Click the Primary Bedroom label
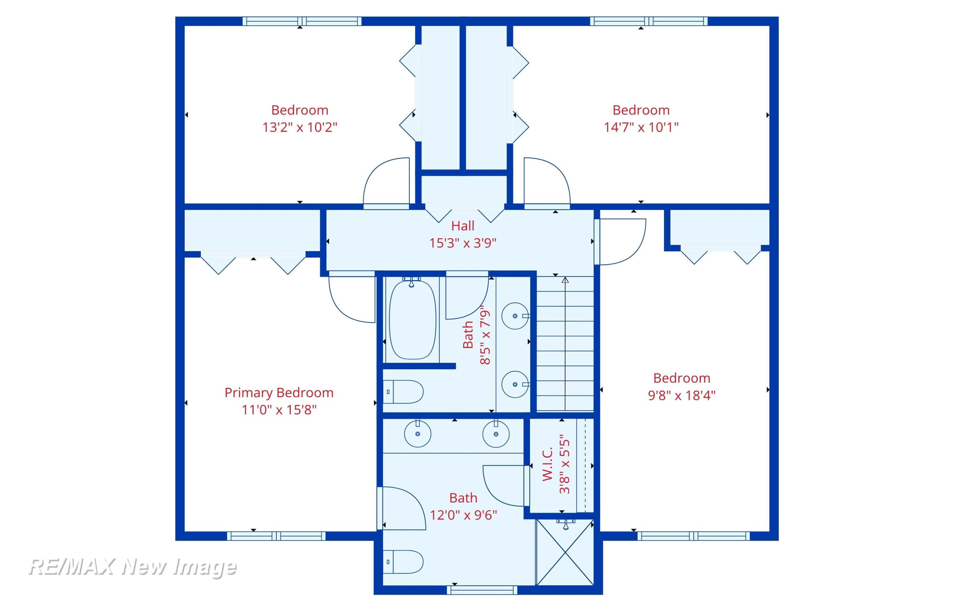(x=279, y=393)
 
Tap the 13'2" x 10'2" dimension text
(x=300, y=127)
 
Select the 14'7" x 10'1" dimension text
(x=641, y=127)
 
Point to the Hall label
(x=462, y=226)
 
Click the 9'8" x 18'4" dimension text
(x=681, y=395)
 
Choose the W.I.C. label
(x=547, y=464)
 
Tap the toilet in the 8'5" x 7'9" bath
(x=403, y=392)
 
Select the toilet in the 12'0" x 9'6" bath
(x=403, y=562)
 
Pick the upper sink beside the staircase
(x=515, y=316)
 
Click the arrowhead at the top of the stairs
(x=565, y=280)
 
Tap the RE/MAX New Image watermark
(x=133, y=567)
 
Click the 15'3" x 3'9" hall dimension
(x=463, y=243)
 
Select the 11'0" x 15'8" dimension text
(x=279, y=409)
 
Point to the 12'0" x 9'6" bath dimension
(x=463, y=515)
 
